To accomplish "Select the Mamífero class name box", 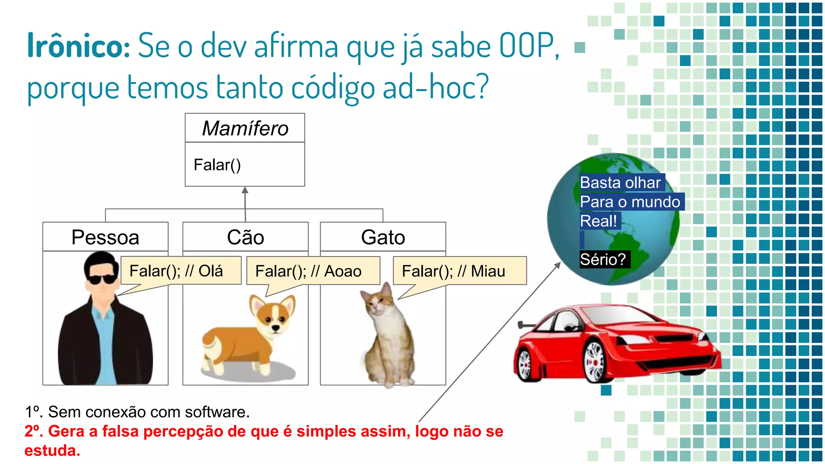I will click(245, 128).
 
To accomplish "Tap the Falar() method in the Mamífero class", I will click(217, 165).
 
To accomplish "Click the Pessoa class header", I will click(105, 237).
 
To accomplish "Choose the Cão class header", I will click(245, 237).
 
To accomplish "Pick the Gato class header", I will click(383, 237).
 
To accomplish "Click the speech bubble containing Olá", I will click(180, 271).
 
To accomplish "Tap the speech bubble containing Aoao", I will click(313, 271).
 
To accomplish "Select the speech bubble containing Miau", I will click(459, 271).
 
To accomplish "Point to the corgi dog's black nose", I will click(276, 328).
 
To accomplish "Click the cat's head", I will click(378, 302).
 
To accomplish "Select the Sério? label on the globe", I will click(603, 259).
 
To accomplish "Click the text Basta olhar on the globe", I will click(620, 182).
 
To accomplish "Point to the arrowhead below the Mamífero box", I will click(245, 190).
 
